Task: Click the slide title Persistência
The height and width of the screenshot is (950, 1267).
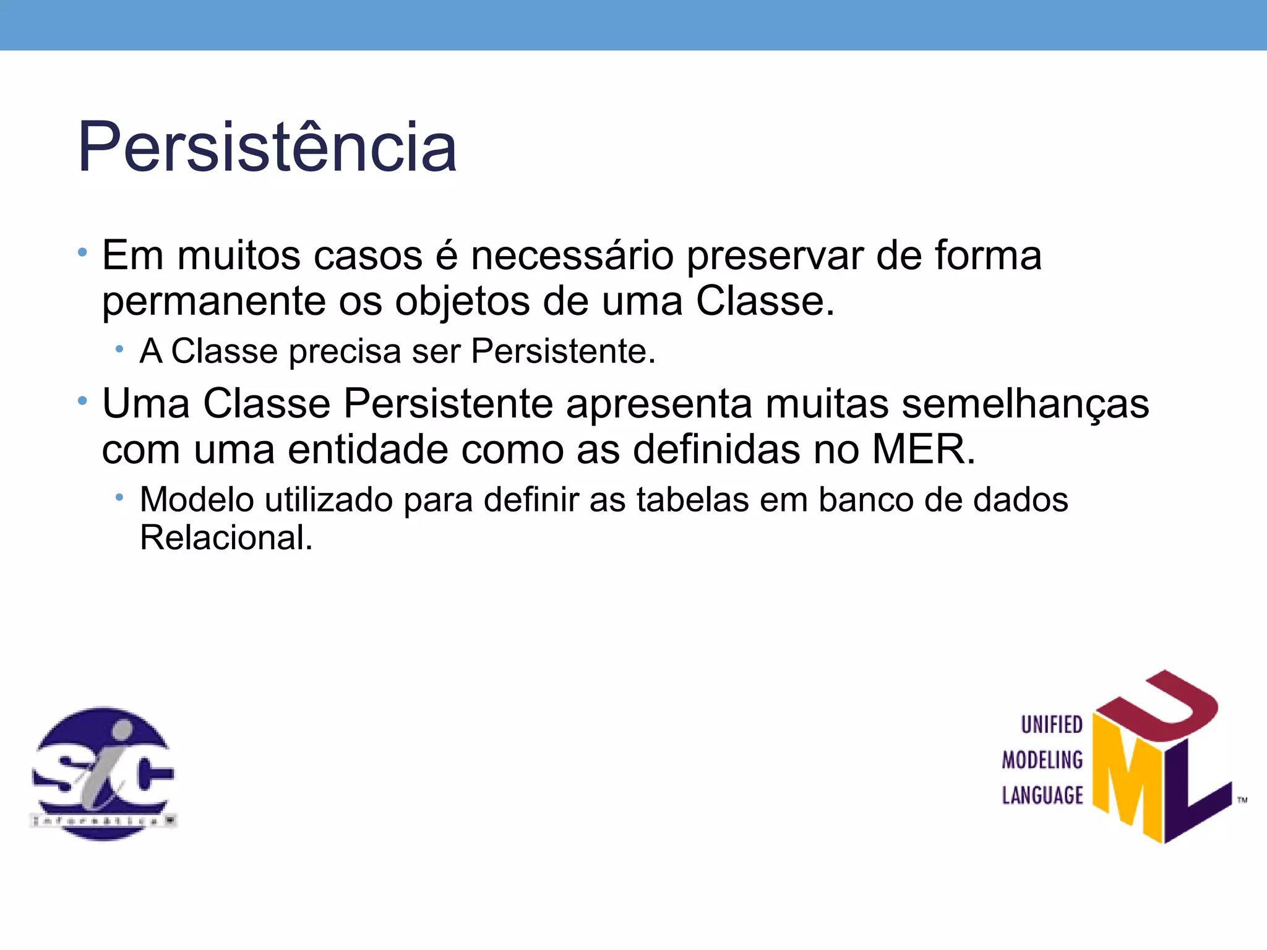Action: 267,147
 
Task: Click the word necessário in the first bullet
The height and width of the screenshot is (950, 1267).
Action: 572,255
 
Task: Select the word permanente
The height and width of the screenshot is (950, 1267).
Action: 213,302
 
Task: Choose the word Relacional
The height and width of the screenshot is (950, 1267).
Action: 226,537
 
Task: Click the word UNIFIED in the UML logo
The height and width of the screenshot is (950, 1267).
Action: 1051,725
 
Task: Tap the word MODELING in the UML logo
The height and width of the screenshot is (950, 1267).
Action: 1042,760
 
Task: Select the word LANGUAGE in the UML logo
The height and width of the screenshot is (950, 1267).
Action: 1042,795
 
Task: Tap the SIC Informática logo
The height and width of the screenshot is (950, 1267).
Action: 103,773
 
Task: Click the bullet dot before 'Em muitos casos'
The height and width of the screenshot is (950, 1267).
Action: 82,252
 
